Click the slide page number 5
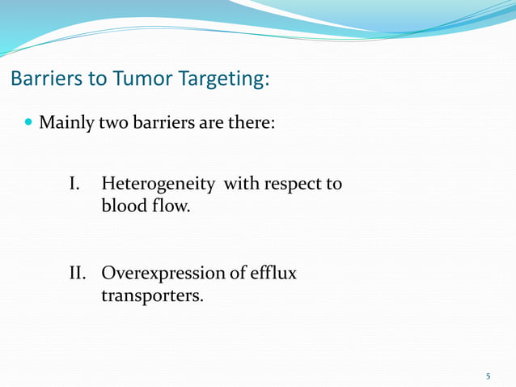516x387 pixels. (x=488, y=376)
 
